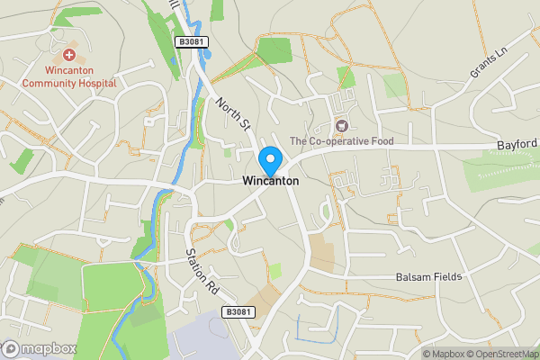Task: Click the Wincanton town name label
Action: coord(270,180)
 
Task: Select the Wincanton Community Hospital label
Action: coord(69,76)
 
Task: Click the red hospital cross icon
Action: coord(69,56)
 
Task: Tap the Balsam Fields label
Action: coord(429,277)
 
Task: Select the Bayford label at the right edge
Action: coord(517,144)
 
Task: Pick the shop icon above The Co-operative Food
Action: coord(340,125)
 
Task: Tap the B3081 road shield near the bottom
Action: coord(238,311)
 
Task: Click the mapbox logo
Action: coord(40,348)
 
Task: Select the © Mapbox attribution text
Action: coord(442,354)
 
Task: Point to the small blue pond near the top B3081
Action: coord(208,53)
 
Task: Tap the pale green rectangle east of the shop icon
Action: coord(394,86)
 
